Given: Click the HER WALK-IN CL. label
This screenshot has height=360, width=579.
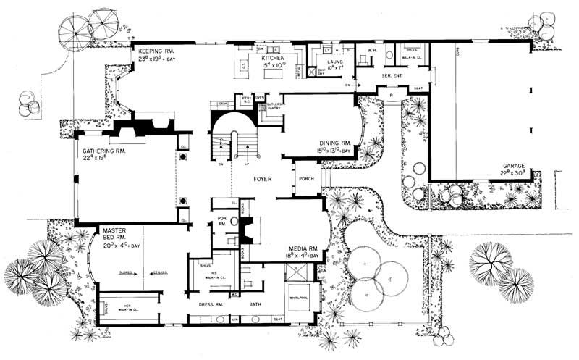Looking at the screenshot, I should (x=133, y=307).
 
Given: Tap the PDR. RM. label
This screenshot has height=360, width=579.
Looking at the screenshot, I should (x=222, y=222).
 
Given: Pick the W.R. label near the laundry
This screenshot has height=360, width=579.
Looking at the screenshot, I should (x=370, y=51).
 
